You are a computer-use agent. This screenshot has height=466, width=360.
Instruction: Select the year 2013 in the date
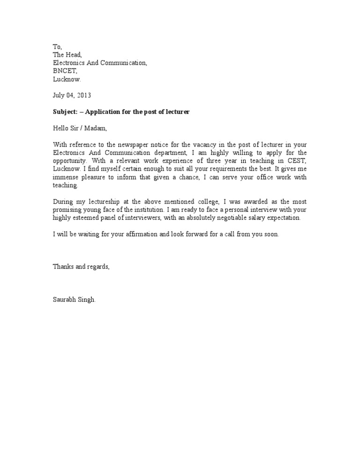coord(84,95)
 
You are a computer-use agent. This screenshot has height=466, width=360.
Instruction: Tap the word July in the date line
coord(59,95)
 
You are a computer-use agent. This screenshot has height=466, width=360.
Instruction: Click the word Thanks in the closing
coord(62,267)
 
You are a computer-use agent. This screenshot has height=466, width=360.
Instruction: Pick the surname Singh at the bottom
coord(88,300)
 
